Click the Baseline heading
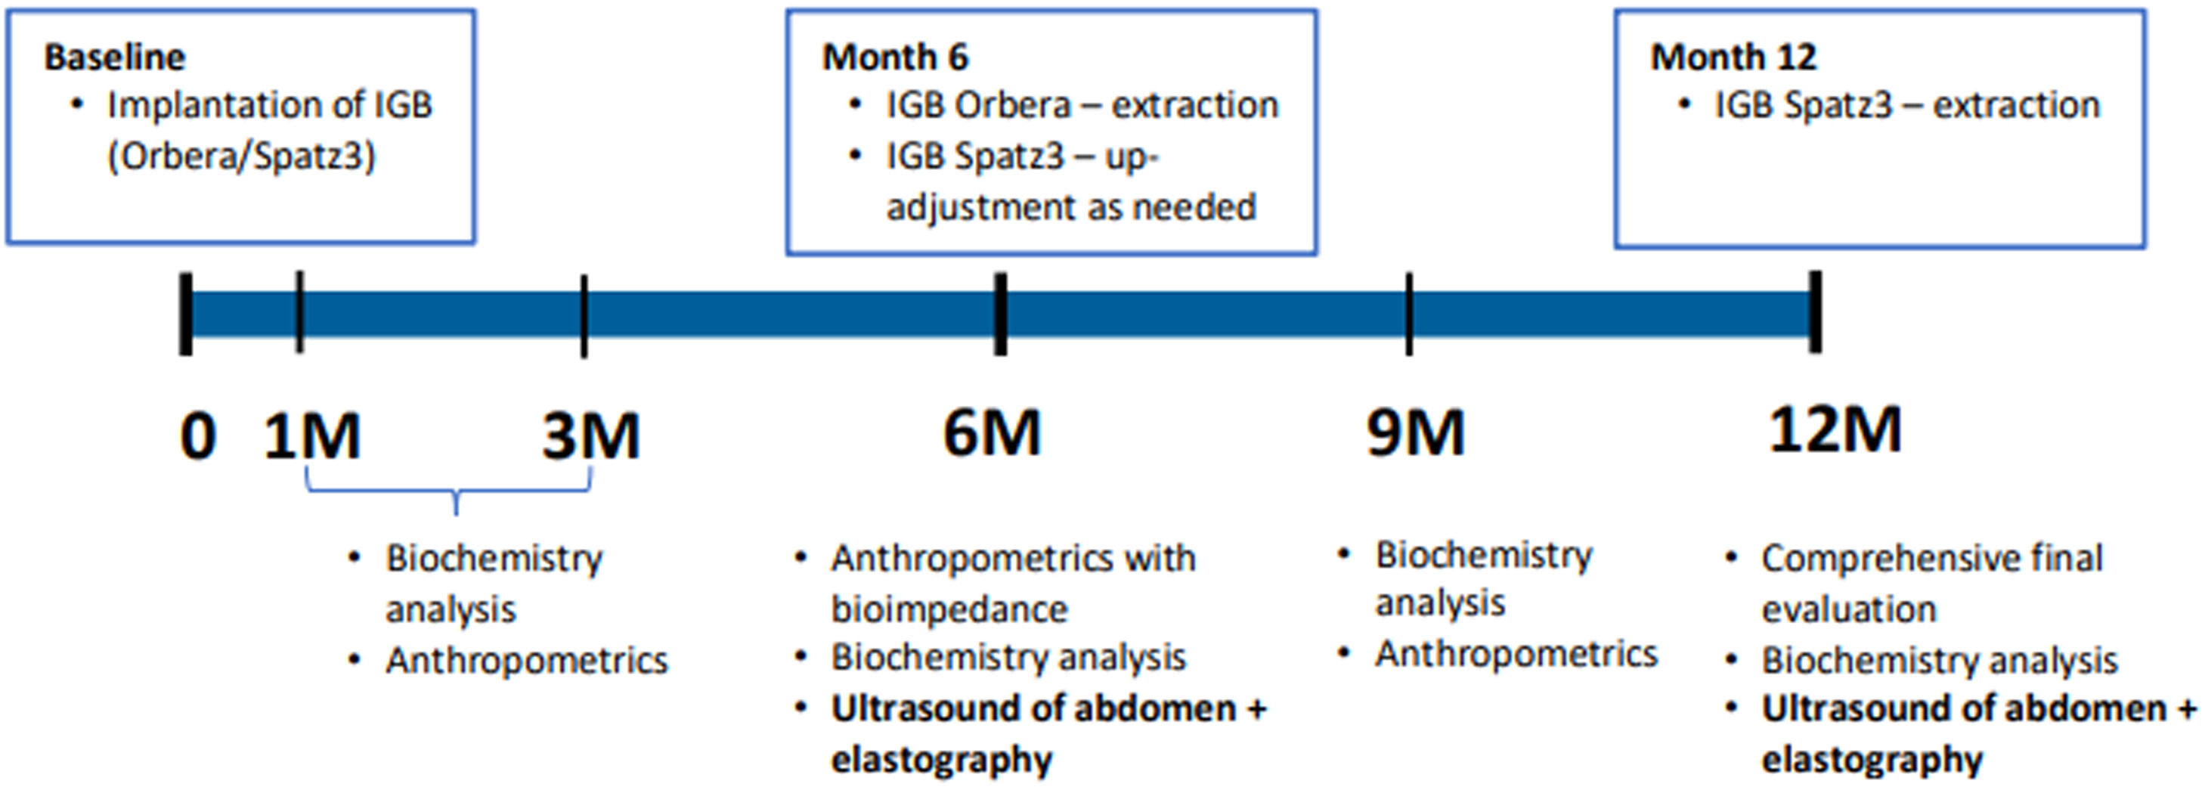click(x=115, y=57)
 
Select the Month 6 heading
click(x=895, y=57)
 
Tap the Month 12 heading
click(x=1733, y=57)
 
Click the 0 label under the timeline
click(x=198, y=436)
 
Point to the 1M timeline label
click(x=312, y=436)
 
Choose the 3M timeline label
click(x=591, y=436)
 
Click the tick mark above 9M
click(x=1409, y=314)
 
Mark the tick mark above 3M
click(x=584, y=316)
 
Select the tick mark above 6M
click(x=1000, y=314)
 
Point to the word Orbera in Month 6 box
click(x=1011, y=105)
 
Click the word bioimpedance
click(x=949, y=610)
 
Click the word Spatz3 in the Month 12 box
click(x=1837, y=105)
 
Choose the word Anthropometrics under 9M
click(x=1516, y=654)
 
